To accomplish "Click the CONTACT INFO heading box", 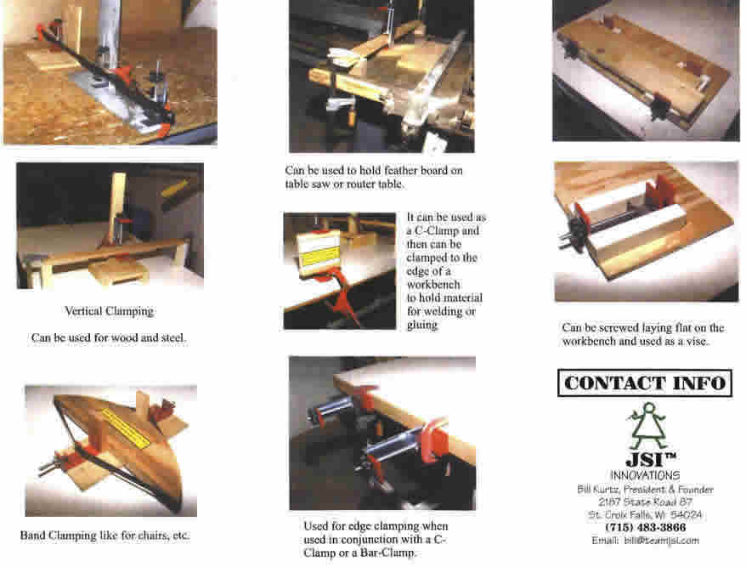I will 644,383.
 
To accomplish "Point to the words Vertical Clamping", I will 109,311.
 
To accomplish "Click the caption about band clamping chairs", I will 105,536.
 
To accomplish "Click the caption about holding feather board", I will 374,178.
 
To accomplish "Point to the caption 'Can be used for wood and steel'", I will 109,337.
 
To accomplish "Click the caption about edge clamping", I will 376,539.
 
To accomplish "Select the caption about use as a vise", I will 643,334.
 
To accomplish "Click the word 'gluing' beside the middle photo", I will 422,325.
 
